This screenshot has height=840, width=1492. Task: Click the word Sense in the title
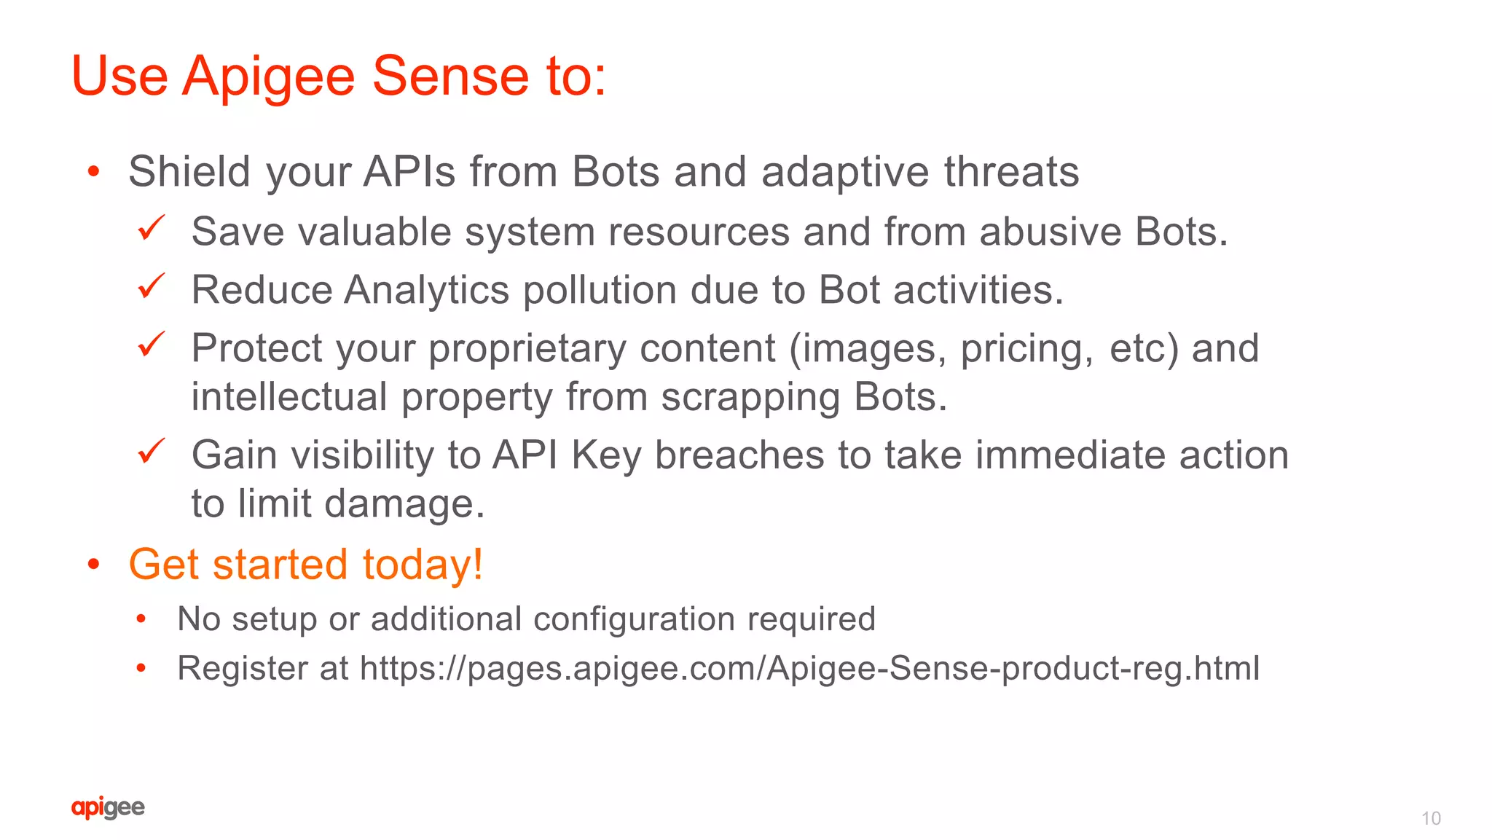coord(450,76)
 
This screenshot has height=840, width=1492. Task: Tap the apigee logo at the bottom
coord(108,807)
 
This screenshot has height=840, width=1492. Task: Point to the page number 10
coord(1431,818)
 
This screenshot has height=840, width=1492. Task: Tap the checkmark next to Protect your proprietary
coord(152,345)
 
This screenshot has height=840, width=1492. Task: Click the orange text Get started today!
coord(306,565)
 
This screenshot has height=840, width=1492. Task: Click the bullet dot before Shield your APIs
coord(93,172)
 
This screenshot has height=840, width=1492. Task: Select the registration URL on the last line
coord(809,668)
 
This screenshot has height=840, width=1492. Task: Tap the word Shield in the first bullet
coord(189,172)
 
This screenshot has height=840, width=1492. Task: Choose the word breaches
coord(739,456)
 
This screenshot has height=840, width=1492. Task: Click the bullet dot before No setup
coord(141,619)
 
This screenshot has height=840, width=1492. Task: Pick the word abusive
coord(1050,232)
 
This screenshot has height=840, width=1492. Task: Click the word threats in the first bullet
coord(1011,172)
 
